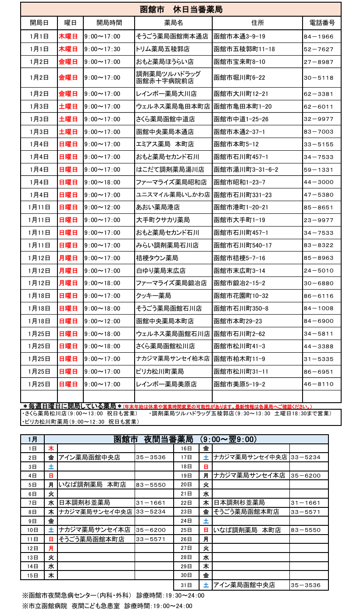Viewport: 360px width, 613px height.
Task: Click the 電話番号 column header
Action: click(x=321, y=22)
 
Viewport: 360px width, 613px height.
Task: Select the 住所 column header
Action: click(x=257, y=22)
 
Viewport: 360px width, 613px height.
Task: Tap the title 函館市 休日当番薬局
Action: click(x=181, y=9)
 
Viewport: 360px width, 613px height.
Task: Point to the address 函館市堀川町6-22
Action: click(x=239, y=78)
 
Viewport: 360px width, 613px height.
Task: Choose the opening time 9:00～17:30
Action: click(x=102, y=49)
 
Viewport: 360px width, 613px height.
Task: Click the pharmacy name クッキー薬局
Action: click(x=153, y=296)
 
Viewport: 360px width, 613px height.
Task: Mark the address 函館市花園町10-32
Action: click(x=241, y=296)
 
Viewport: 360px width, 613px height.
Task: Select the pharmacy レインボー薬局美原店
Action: click(x=166, y=384)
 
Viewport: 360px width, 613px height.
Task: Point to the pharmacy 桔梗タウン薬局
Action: click(x=157, y=258)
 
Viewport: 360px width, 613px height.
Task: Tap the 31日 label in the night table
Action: click(x=186, y=585)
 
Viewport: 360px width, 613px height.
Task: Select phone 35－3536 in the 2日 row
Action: click(x=151, y=457)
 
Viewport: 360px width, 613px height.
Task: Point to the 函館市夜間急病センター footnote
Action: click(x=113, y=595)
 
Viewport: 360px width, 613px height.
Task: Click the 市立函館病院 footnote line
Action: click(x=107, y=606)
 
